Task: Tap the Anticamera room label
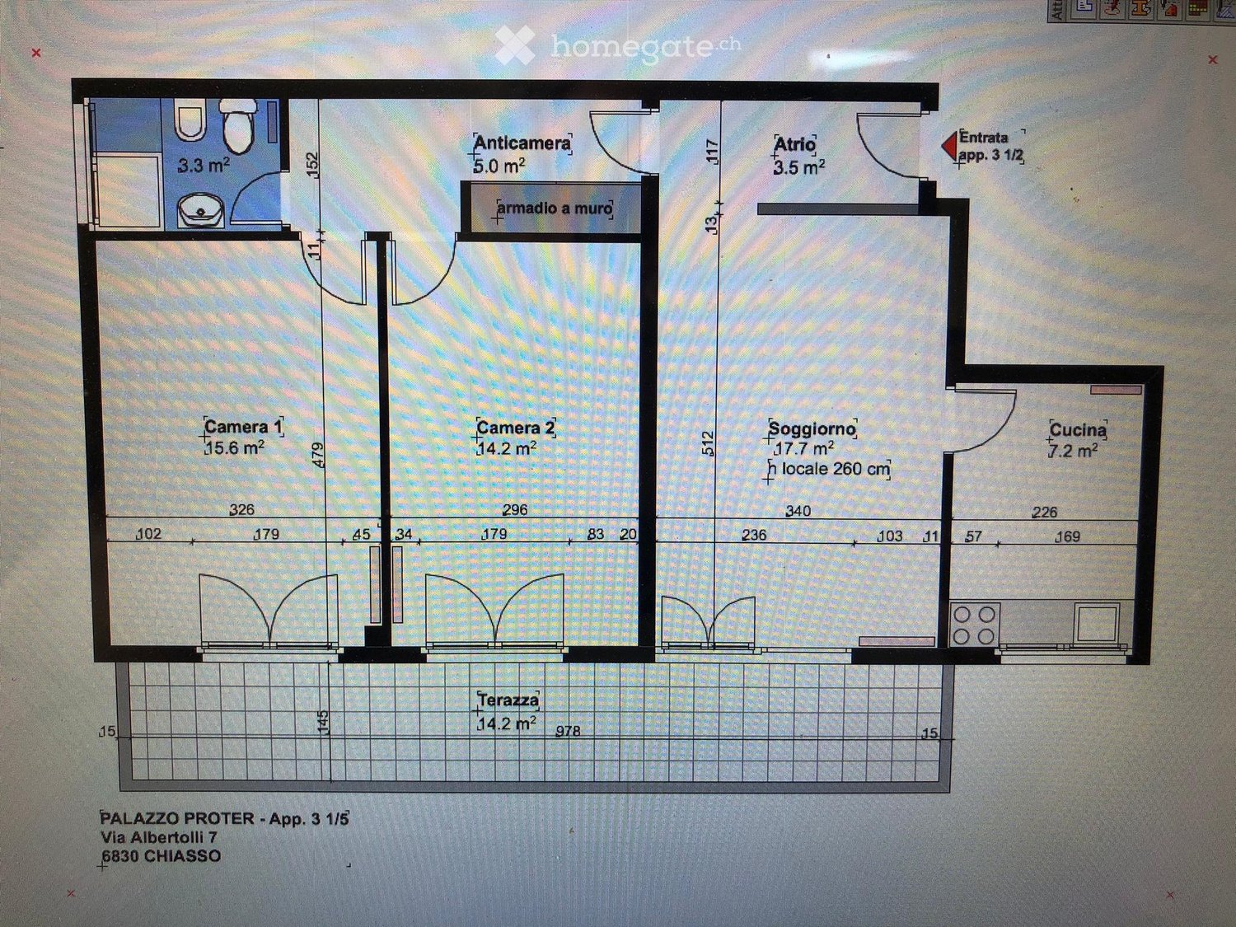pos(522,143)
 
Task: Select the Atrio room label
pos(794,145)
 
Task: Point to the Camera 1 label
pos(243,426)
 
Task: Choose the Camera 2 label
pos(515,428)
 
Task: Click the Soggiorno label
pos(812,428)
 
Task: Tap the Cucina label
pos(1078,430)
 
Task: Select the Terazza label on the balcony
pos(508,700)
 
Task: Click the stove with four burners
pos(974,625)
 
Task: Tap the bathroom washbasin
pos(201,211)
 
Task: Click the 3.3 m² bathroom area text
pos(204,166)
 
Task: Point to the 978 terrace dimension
pos(568,731)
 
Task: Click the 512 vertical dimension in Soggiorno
pos(709,443)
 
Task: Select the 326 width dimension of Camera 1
pos(241,508)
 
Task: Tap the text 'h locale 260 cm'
pos(830,468)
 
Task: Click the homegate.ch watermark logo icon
pos(515,45)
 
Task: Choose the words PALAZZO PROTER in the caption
pos(177,817)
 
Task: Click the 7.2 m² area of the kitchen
pos(1074,450)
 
